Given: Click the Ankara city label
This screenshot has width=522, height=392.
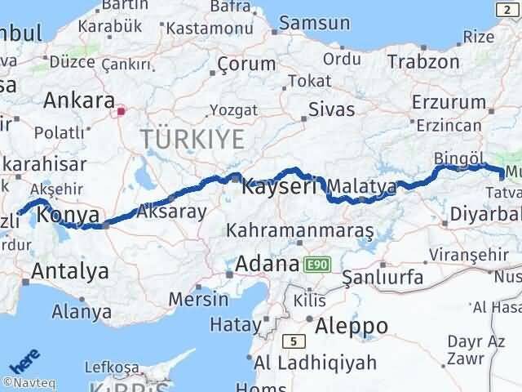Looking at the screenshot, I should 78,100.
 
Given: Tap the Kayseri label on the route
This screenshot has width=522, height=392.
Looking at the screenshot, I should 279,187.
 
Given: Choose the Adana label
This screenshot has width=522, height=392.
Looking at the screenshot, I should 266,265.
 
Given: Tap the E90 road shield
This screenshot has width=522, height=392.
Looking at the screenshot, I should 317,265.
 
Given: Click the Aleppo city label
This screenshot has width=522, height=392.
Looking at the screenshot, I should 352,325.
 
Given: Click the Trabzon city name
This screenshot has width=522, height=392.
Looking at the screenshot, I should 423,61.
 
